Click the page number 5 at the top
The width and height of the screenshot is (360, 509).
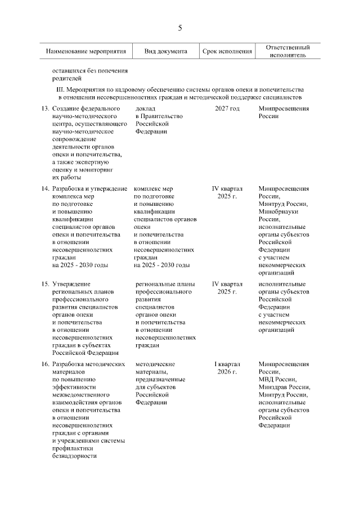(180, 28)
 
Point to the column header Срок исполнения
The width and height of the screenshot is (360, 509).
(227, 52)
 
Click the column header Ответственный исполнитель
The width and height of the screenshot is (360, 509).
(287, 52)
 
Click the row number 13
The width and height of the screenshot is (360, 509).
(45, 108)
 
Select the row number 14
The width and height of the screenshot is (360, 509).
(45, 188)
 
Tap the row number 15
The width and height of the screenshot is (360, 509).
(45, 284)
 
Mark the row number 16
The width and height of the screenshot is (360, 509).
(45, 364)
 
